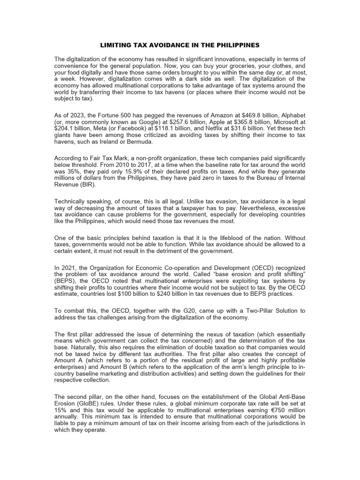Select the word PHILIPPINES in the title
239,45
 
